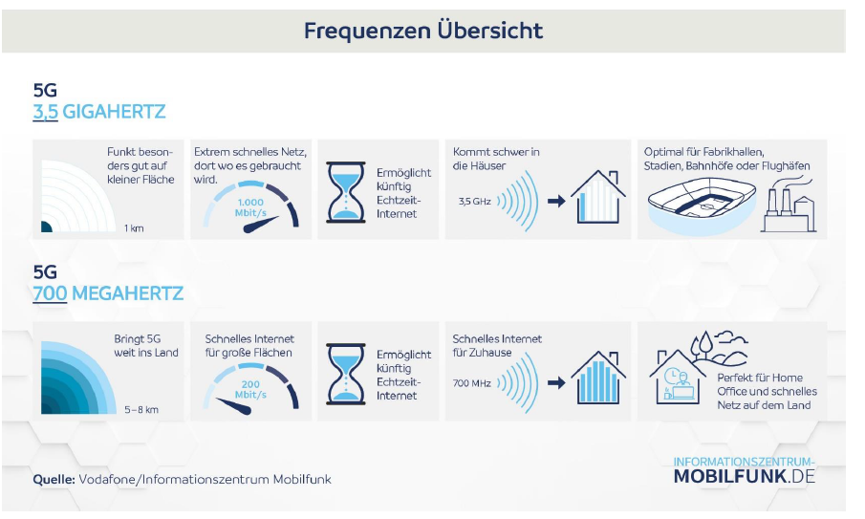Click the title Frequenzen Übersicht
pyautogui.click(x=423, y=31)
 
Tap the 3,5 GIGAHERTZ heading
pyautogui.click(x=99, y=112)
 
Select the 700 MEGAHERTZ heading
pyautogui.click(x=108, y=293)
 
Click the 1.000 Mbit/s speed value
pyautogui.click(x=250, y=207)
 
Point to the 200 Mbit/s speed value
pyautogui.click(x=250, y=389)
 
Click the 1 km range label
pyautogui.click(x=134, y=228)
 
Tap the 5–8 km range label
pyautogui.click(x=141, y=410)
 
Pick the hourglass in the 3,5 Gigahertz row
pyautogui.click(x=346, y=192)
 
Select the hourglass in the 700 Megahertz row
pyautogui.click(x=346, y=374)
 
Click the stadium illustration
pyautogui.click(x=702, y=205)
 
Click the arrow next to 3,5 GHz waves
pyautogui.click(x=556, y=202)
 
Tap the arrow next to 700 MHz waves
pyautogui.click(x=556, y=382)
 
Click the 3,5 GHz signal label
pyautogui.click(x=474, y=202)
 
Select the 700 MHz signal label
pyautogui.click(x=471, y=382)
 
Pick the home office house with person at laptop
pyautogui.click(x=678, y=377)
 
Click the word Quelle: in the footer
pyautogui.click(x=54, y=479)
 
